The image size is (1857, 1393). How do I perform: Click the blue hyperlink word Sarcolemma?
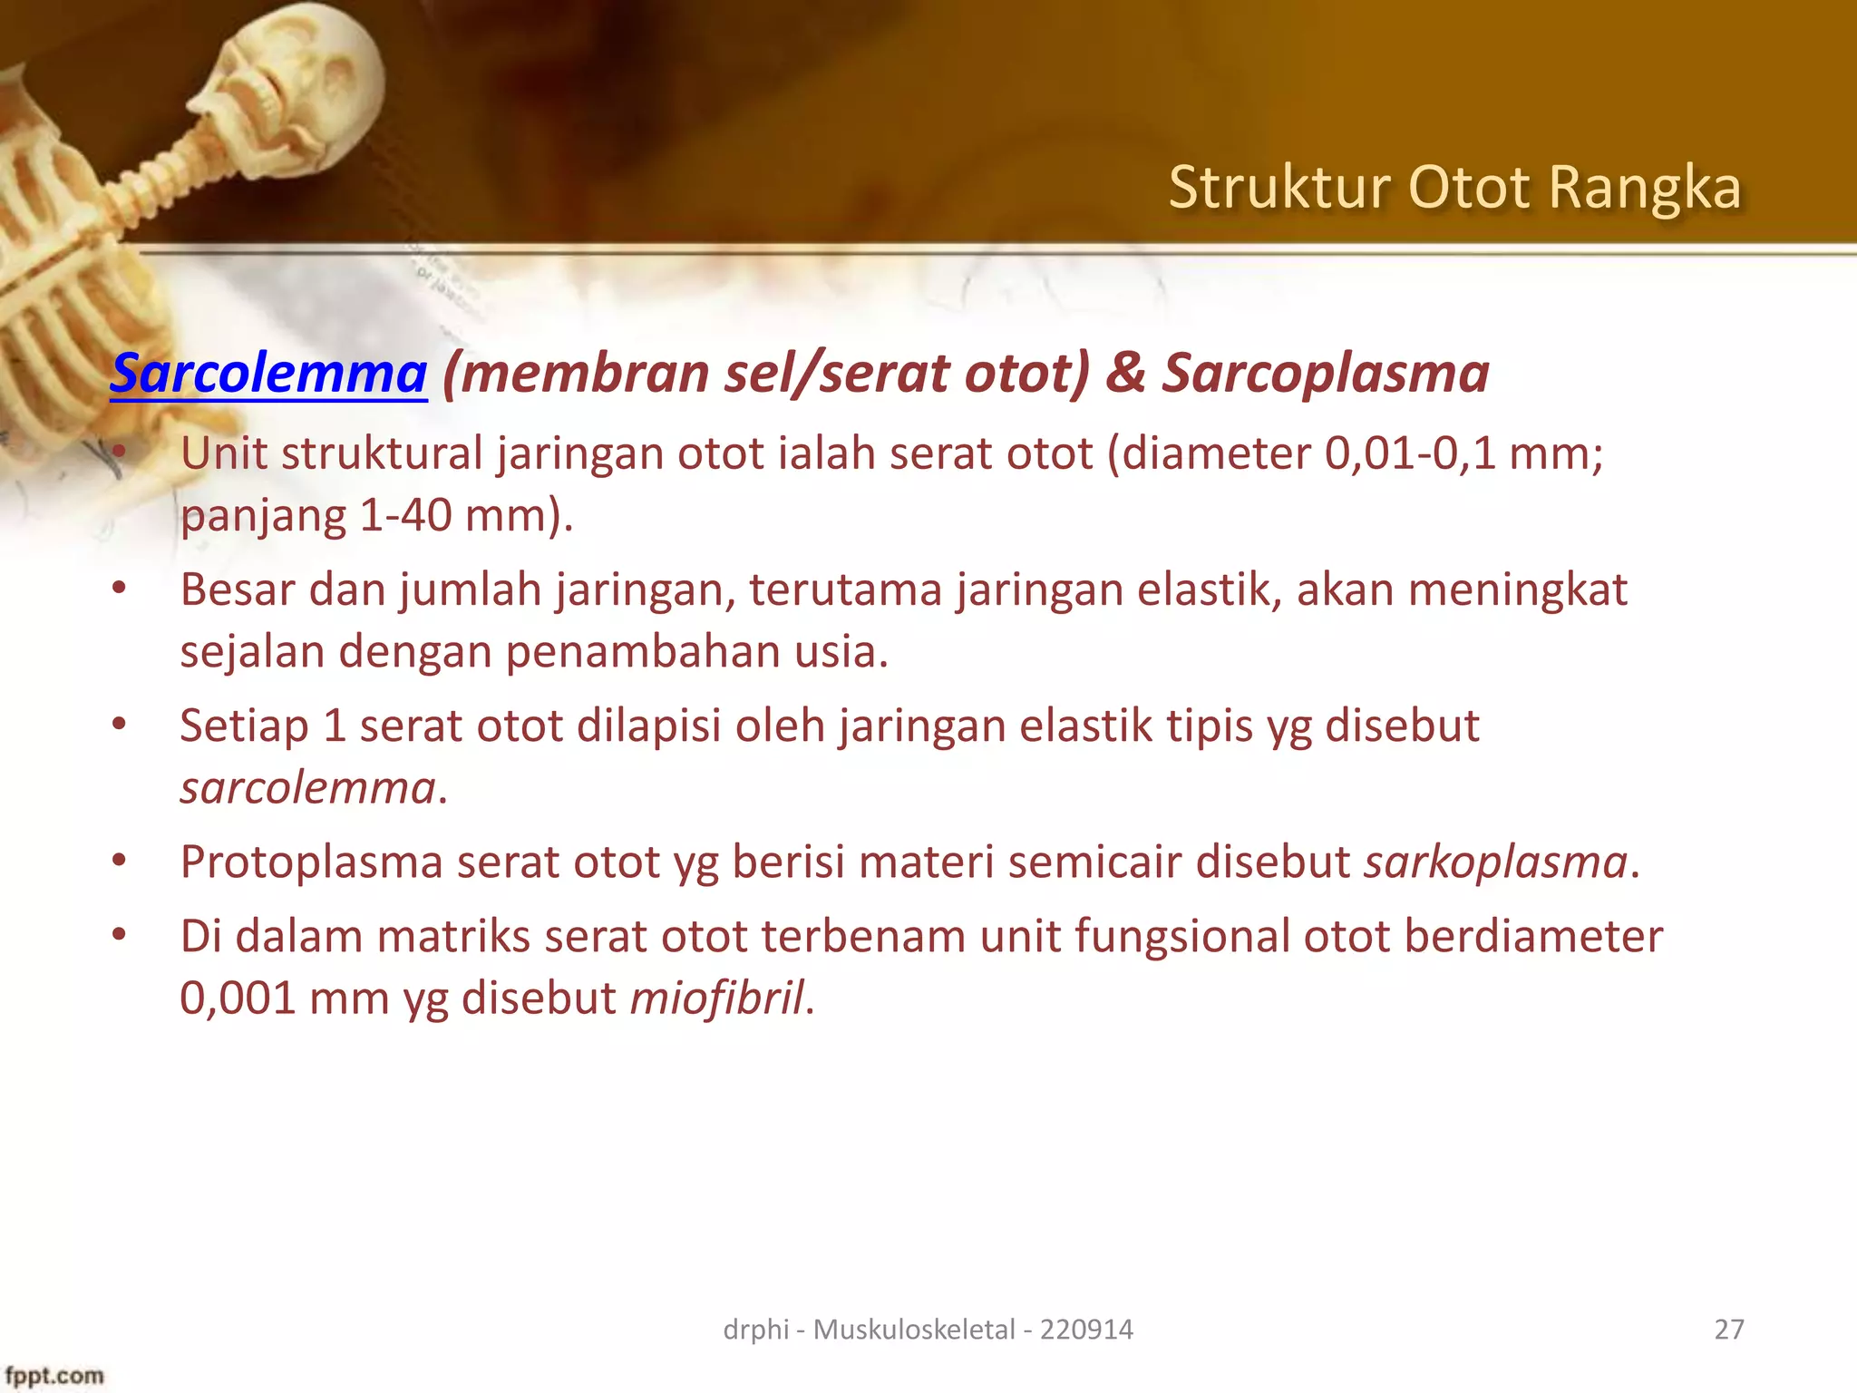pos(268,374)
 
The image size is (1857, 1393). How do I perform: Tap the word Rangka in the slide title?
pos(1644,188)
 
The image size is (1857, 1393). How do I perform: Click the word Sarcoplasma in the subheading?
pos(1325,374)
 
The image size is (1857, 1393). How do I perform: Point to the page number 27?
pos(1729,1330)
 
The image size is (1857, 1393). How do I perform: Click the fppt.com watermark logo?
pos(54,1376)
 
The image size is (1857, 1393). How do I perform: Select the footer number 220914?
pos(1086,1330)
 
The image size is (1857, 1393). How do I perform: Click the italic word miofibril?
pos(716,998)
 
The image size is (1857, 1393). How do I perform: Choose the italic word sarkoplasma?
pos(1496,862)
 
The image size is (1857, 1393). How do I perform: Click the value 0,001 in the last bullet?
pos(238,998)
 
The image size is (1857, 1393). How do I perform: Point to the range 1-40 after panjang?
pos(405,516)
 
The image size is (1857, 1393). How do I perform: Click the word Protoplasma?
pos(311,862)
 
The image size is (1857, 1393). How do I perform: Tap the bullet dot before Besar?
pos(119,589)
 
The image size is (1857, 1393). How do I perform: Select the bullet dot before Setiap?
pos(119,726)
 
